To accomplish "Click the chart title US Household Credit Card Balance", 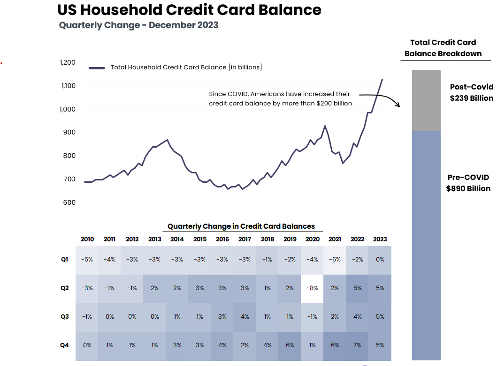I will pos(189,10).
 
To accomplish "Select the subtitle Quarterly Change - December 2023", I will pos(138,25).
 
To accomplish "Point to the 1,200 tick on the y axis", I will pos(68,62).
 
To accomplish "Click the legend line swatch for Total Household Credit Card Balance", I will pos(97,68).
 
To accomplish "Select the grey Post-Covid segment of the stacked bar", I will pos(426,100).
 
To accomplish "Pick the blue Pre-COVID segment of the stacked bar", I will pos(426,244).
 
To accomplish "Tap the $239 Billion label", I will pos(471,98).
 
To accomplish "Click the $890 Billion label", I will pos(468,189).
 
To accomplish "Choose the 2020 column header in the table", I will pos(312,239).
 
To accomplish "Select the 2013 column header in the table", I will pos(154,239).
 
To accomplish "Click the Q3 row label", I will pos(64,317).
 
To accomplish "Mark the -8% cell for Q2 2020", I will pos(312,288).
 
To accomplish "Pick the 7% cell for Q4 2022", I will pos(357,345).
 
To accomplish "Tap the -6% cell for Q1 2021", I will pos(335,260).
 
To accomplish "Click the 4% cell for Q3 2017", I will pos(245,317).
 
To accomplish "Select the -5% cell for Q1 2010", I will pos(87,260).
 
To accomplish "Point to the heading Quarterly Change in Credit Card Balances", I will pos(241,226).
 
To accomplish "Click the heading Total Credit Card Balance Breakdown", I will pos(443,48).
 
